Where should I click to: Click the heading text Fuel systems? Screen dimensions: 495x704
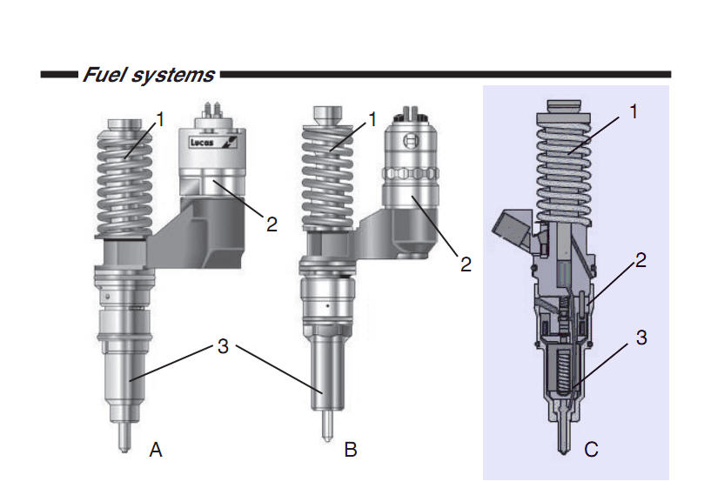pyautogui.click(x=149, y=75)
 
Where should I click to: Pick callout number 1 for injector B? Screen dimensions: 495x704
pyautogui.click(x=372, y=118)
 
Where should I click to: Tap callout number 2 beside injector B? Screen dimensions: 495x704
pyautogui.click(x=466, y=264)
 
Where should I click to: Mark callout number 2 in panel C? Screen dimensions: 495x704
pyautogui.click(x=641, y=258)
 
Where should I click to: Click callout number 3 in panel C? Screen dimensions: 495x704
pyautogui.click(x=641, y=337)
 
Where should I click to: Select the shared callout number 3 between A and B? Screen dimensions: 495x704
pyautogui.click(x=224, y=346)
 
